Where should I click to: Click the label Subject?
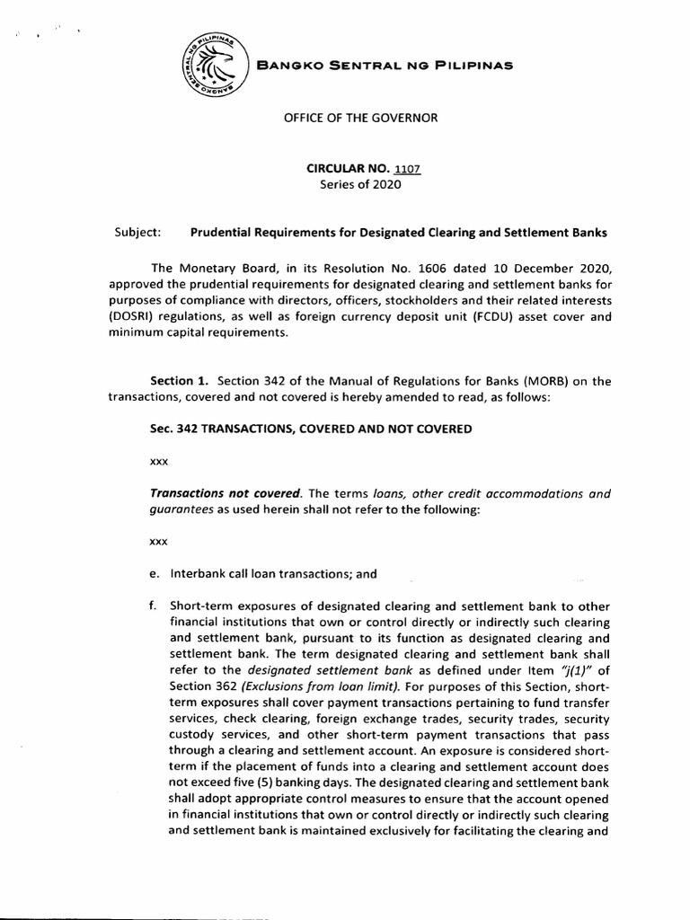pyautogui.click(x=137, y=232)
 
